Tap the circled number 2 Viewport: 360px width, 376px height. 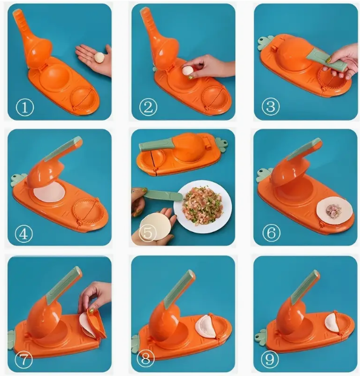(x=147, y=108)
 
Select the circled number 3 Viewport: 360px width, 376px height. (x=270, y=108)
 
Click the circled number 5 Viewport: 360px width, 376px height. (x=147, y=234)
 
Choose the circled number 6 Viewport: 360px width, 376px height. (x=270, y=234)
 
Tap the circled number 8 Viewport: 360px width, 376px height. (x=147, y=358)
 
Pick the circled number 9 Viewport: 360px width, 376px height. (x=270, y=358)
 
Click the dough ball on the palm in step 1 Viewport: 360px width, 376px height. (x=99, y=58)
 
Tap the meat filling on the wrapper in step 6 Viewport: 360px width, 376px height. (x=333, y=211)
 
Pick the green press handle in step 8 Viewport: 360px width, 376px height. (x=181, y=282)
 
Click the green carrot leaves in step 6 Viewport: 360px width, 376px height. (x=262, y=176)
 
